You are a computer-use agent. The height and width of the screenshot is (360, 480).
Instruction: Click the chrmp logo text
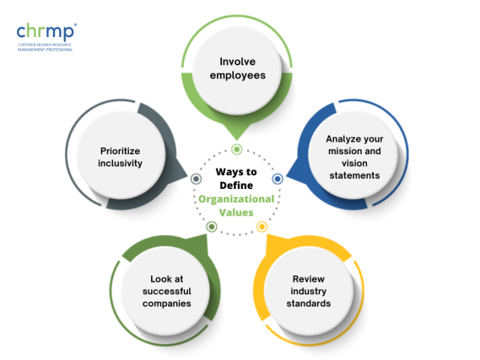click(43, 32)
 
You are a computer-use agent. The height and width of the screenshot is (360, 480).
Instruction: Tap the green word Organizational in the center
click(236, 199)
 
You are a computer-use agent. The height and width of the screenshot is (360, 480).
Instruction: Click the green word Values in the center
click(236, 213)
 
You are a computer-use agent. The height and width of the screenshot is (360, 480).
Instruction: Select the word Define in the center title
click(236, 185)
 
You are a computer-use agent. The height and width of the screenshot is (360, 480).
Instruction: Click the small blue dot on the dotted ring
click(277, 180)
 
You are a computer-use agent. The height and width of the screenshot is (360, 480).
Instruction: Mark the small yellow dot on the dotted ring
click(262, 227)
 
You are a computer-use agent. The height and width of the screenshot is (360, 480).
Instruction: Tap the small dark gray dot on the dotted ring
click(197, 179)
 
